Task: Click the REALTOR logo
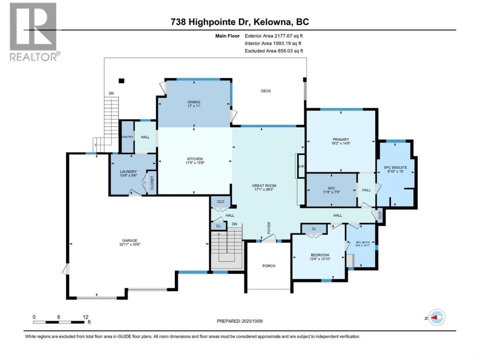[x=35, y=32]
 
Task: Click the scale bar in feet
[x=58, y=322]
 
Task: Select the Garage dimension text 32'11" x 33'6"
[x=129, y=244]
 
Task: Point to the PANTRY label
[x=127, y=137]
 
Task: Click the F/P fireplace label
[x=301, y=167]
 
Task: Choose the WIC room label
[x=331, y=188]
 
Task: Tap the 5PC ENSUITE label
[x=396, y=168]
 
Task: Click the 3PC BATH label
[x=363, y=242]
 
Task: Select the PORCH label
[x=269, y=266]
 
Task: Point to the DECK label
[x=266, y=91]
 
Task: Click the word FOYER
[x=269, y=228]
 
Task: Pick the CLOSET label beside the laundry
[x=152, y=183]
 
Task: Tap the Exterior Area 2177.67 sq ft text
[x=274, y=36]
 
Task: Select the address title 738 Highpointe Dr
[x=210, y=22]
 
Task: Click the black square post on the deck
[x=121, y=81]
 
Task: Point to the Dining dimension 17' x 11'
[x=194, y=106]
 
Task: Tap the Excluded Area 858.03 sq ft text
[x=274, y=51]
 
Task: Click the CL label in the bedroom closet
[x=314, y=229]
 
